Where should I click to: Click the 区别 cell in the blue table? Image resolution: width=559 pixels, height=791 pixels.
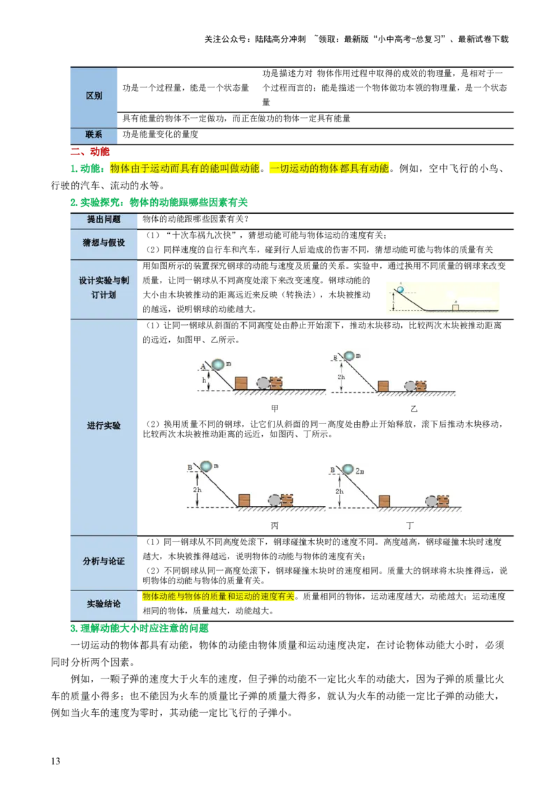[x=94, y=96]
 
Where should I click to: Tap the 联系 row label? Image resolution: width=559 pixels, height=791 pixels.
[x=94, y=134]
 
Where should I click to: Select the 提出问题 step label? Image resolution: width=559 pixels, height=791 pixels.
[x=103, y=219]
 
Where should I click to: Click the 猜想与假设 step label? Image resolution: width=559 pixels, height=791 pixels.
[x=103, y=242]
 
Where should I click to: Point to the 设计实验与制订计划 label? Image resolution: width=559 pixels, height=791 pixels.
[x=103, y=287]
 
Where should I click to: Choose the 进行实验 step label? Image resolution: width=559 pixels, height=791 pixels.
[x=103, y=426]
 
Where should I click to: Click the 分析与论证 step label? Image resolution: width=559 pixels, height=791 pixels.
[x=103, y=561]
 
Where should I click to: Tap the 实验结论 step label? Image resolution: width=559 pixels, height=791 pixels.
[x=103, y=604]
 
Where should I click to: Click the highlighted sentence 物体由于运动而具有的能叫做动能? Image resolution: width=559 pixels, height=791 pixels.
[x=185, y=168]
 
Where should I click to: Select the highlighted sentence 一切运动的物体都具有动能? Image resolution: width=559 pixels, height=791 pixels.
[x=329, y=168]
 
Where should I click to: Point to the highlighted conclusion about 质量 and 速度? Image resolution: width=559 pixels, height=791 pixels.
[x=219, y=597]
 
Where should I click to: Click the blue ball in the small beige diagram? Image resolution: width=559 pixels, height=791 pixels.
[x=400, y=289]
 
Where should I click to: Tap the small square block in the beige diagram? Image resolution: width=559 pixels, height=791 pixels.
[x=455, y=307]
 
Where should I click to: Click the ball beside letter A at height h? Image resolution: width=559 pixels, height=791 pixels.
[x=218, y=365]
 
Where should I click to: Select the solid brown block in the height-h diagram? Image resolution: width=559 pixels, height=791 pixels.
[x=240, y=384]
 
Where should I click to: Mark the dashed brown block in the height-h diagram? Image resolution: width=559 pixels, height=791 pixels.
[x=276, y=383]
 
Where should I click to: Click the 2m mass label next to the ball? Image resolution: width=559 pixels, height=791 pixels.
[x=361, y=472]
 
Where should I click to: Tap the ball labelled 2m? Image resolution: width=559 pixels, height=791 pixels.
[x=347, y=469]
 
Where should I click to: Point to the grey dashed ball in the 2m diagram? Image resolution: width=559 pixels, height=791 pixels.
[x=431, y=500]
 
